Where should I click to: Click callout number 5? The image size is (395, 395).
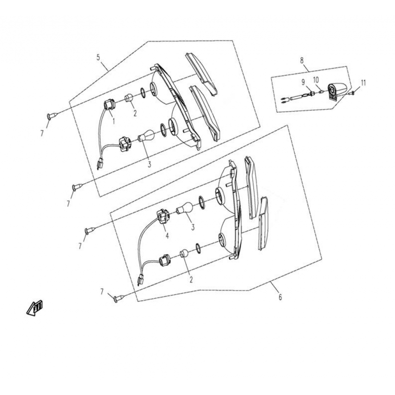click(98, 57)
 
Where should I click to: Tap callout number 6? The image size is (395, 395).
click(280, 297)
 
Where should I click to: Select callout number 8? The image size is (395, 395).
click(302, 60)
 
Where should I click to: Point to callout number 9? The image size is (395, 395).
click(303, 82)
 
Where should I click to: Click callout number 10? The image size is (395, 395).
click(316, 80)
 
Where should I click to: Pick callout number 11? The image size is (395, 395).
click(363, 83)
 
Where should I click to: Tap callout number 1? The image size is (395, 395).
click(114, 121)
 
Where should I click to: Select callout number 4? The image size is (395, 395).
click(167, 236)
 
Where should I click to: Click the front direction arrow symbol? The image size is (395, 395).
click(35, 307)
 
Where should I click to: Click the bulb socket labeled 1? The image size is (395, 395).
click(109, 105)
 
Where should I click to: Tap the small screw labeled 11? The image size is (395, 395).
click(352, 93)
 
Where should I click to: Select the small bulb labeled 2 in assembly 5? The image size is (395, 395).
click(129, 98)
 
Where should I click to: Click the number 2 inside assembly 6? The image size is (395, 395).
click(191, 279)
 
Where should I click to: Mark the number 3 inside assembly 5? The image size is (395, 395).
click(150, 164)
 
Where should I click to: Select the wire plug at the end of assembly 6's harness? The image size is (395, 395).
click(140, 279)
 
